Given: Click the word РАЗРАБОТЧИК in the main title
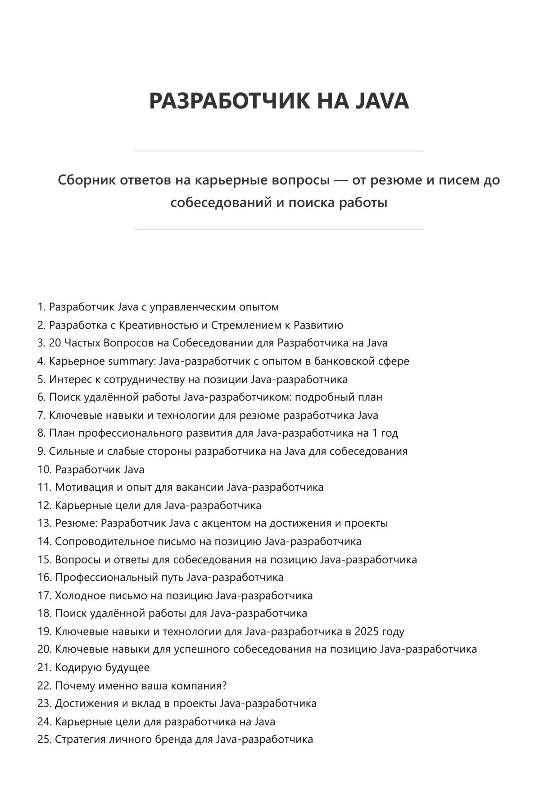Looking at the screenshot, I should (x=230, y=100).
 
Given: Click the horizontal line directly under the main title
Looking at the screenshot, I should (x=279, y=151).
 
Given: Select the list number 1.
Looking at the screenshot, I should (x=41, y=307).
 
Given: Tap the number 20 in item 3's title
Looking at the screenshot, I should (x=55, y=343).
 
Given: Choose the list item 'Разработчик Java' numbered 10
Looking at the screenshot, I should (x=99, y=470).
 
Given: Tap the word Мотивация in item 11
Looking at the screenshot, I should (x=81, y=488).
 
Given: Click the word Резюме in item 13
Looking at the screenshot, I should (x=76, y=524).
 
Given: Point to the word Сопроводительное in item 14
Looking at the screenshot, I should (x=101, y=542).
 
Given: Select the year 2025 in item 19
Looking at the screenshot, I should (x=367, y=632).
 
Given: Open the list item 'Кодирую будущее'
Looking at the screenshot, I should (x=102, y=668).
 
